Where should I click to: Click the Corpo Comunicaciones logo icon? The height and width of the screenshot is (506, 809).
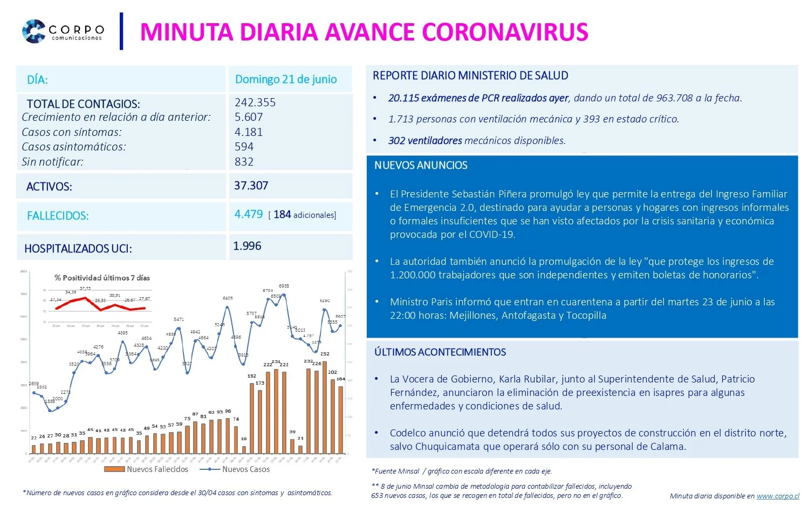33,31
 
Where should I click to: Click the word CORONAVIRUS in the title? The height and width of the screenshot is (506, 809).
505,32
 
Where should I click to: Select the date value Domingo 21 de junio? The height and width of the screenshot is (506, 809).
286,79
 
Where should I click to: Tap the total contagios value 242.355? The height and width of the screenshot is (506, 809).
255,102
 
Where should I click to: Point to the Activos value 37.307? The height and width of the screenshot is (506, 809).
251,186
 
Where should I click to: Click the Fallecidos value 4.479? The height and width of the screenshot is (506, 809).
249,214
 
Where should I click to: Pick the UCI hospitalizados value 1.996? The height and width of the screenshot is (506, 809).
247,246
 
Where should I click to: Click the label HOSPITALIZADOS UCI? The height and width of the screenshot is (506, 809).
78,249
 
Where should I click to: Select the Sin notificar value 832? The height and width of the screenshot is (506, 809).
244,162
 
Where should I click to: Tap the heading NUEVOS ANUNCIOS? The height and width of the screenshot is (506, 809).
421,166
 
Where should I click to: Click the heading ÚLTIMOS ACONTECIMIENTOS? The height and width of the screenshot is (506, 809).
440,352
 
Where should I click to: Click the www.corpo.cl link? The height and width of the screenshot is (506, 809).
778,496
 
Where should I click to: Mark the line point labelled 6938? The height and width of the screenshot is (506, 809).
284,295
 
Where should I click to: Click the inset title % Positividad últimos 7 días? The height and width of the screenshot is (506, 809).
102,278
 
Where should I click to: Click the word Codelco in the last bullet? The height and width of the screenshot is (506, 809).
408,433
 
